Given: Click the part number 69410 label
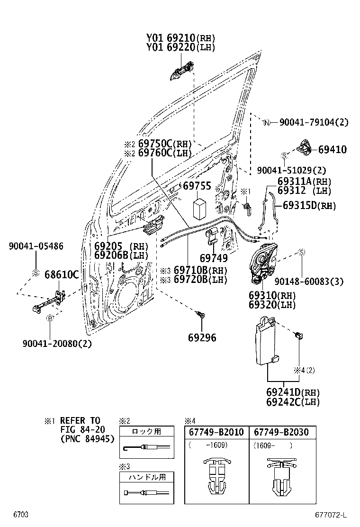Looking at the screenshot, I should (x=332, y=150).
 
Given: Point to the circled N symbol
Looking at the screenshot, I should (x=267, y=123).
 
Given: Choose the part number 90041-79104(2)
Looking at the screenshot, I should (x=314, y=122).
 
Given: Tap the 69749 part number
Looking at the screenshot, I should (x=213, y=258).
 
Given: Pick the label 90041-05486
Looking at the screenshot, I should (x=36, y=246).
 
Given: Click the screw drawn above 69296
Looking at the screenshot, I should (x=200, y=314).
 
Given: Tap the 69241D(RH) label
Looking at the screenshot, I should (x=293, y=392).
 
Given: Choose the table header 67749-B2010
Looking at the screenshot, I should (x=216, y=432).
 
